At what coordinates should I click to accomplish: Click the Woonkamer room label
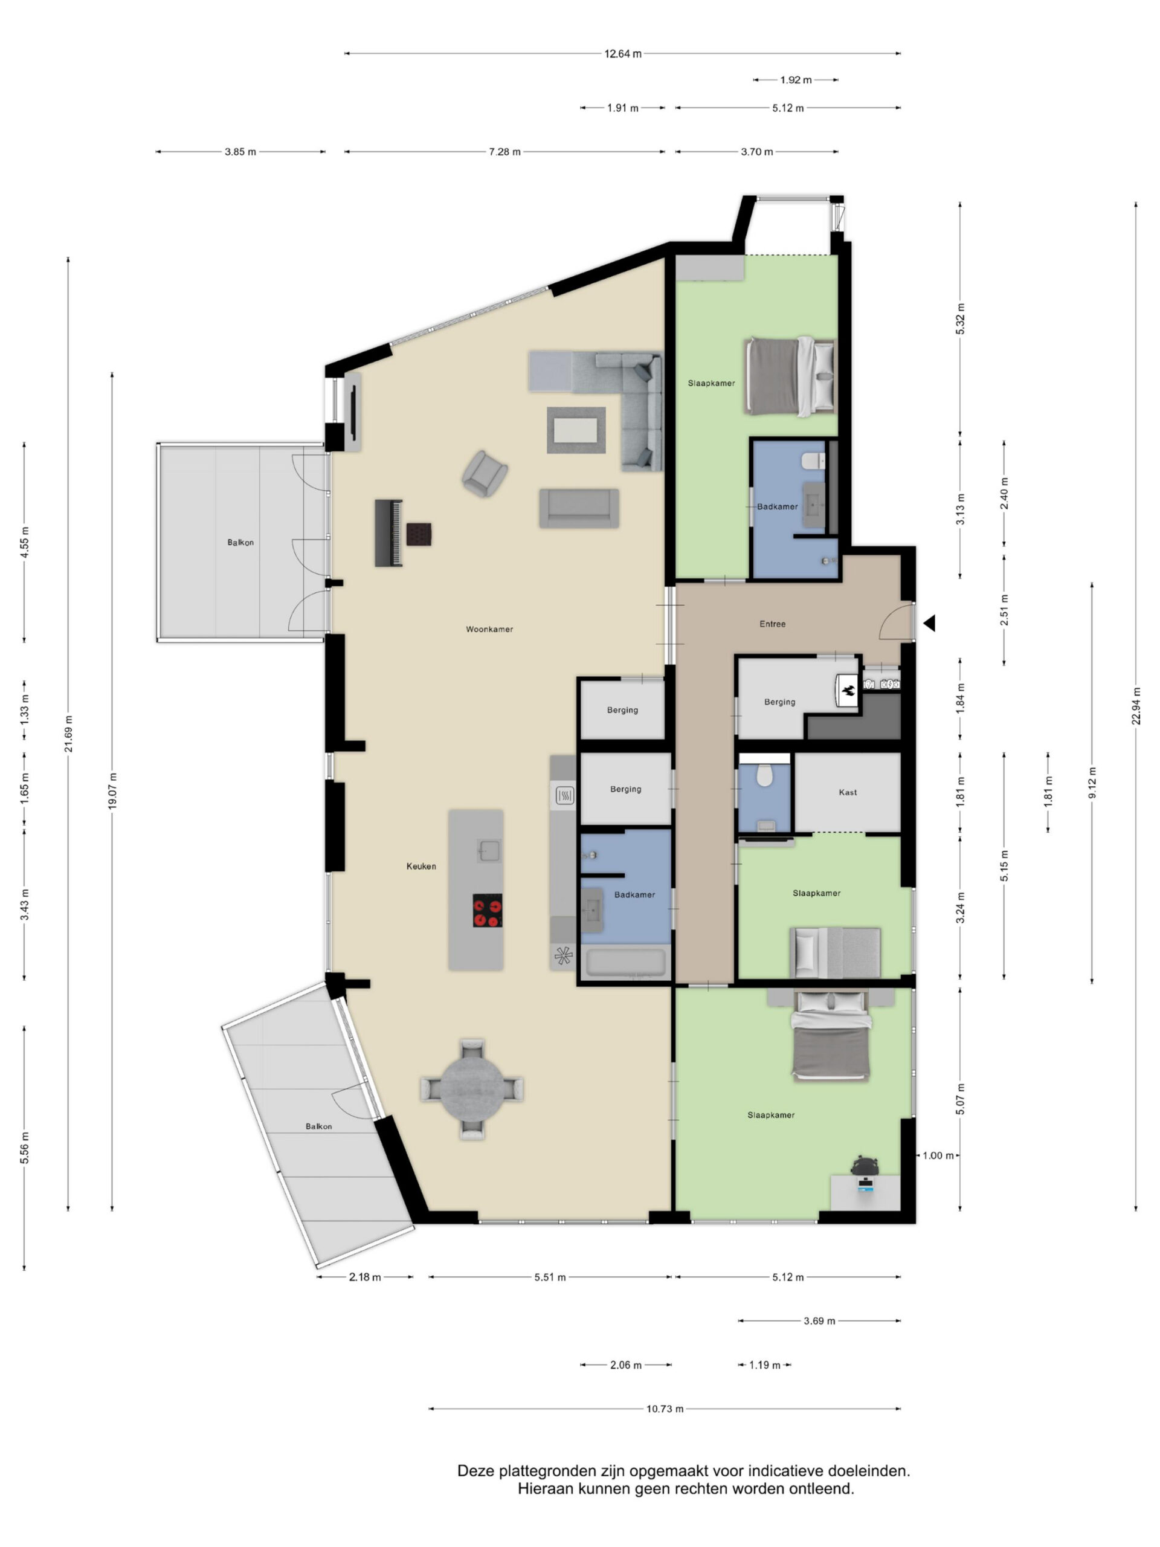(489, 630)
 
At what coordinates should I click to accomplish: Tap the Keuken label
(421, 867)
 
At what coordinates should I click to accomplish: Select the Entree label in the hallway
(773, 624)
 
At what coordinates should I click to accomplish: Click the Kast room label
(848, 792)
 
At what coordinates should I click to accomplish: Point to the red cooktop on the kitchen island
(488, 910)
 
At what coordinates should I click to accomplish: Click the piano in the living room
(388, 533)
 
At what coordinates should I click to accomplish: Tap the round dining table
(472, 1090)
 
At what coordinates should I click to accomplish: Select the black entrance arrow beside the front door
(929, 623)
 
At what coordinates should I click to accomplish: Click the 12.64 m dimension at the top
(622, 54)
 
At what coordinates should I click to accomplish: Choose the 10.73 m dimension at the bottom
(664, 1409)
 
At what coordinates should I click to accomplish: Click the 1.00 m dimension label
(938, 1155)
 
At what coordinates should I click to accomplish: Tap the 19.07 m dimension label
(112, 791)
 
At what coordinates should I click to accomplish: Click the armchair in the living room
(484, 474)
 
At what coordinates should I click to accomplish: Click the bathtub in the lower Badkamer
(626, 963)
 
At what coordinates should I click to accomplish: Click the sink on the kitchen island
(489, 850)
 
